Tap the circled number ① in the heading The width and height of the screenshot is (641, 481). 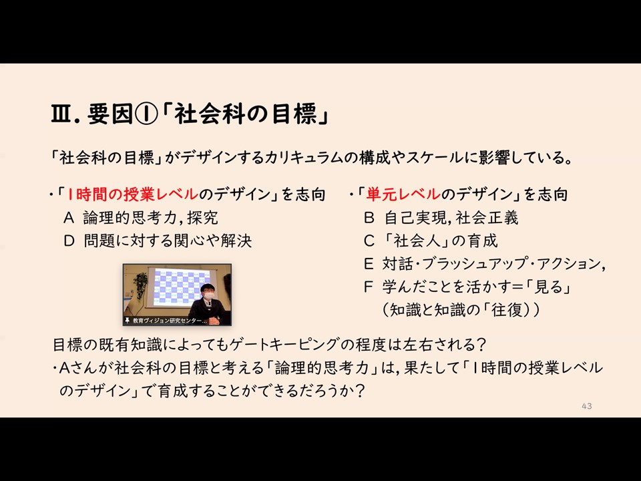click(x=146, y=114)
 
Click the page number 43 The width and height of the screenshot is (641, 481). click(x=587, y=406)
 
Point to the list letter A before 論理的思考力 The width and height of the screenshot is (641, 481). click(x=69, y=218)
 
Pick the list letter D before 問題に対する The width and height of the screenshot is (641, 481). click(x=69, y=241)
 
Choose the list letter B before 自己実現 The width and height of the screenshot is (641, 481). click(x=369, y=218)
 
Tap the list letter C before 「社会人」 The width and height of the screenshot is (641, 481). click(x=369, y=241)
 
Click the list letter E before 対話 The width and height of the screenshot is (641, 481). click(x=369, y=265)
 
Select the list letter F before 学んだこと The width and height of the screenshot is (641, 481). click(x=369, y=287)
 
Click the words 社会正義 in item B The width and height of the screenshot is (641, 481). click(x=487, y=218)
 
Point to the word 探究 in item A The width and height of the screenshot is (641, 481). click(x=202, y=218)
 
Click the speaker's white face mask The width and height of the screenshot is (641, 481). click(x=209, y=295)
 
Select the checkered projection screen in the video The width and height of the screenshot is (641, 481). click(x=180, y=287)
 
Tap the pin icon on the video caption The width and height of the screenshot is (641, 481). click(x=128, y=320)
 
